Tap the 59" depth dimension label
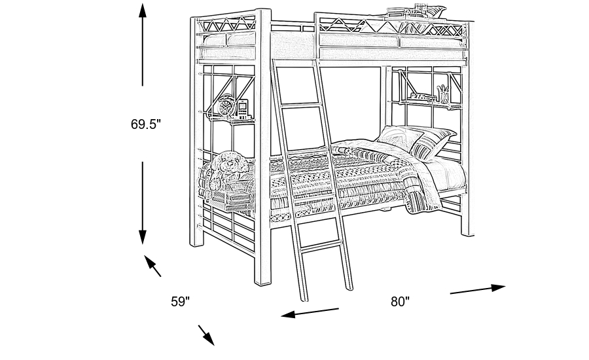coord(180,302)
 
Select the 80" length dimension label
coord(400,302)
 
